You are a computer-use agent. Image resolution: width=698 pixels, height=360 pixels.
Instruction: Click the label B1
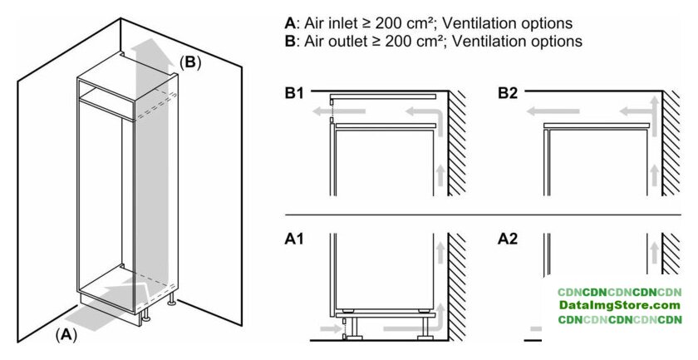295,94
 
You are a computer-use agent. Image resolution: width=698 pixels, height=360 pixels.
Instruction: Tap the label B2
508,94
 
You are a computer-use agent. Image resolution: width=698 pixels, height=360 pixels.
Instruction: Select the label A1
295,239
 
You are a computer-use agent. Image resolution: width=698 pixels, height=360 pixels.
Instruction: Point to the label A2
508,239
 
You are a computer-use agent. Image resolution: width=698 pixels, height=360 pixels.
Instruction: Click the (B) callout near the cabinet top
190,61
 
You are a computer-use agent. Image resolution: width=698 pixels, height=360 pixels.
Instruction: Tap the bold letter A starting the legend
289,22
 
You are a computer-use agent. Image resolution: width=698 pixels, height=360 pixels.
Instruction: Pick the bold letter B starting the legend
289,40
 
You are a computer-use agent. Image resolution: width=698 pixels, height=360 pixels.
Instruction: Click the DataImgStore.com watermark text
620,306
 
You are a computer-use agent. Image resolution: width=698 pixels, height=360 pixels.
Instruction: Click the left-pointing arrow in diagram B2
557,111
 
